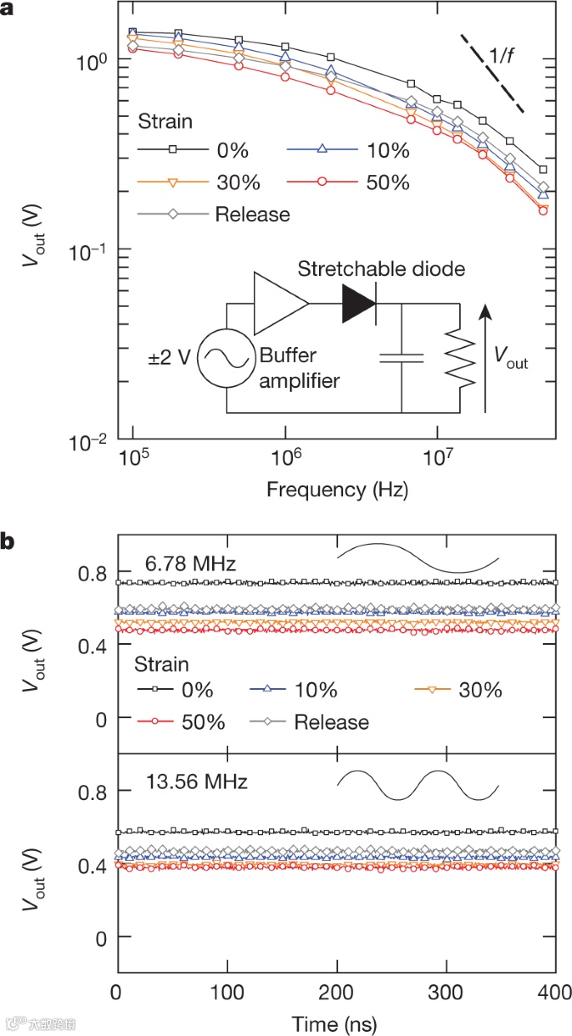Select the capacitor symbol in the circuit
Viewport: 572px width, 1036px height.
click(x=402, y=358)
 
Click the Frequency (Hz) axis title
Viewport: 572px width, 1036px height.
click(x=337, y=490)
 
